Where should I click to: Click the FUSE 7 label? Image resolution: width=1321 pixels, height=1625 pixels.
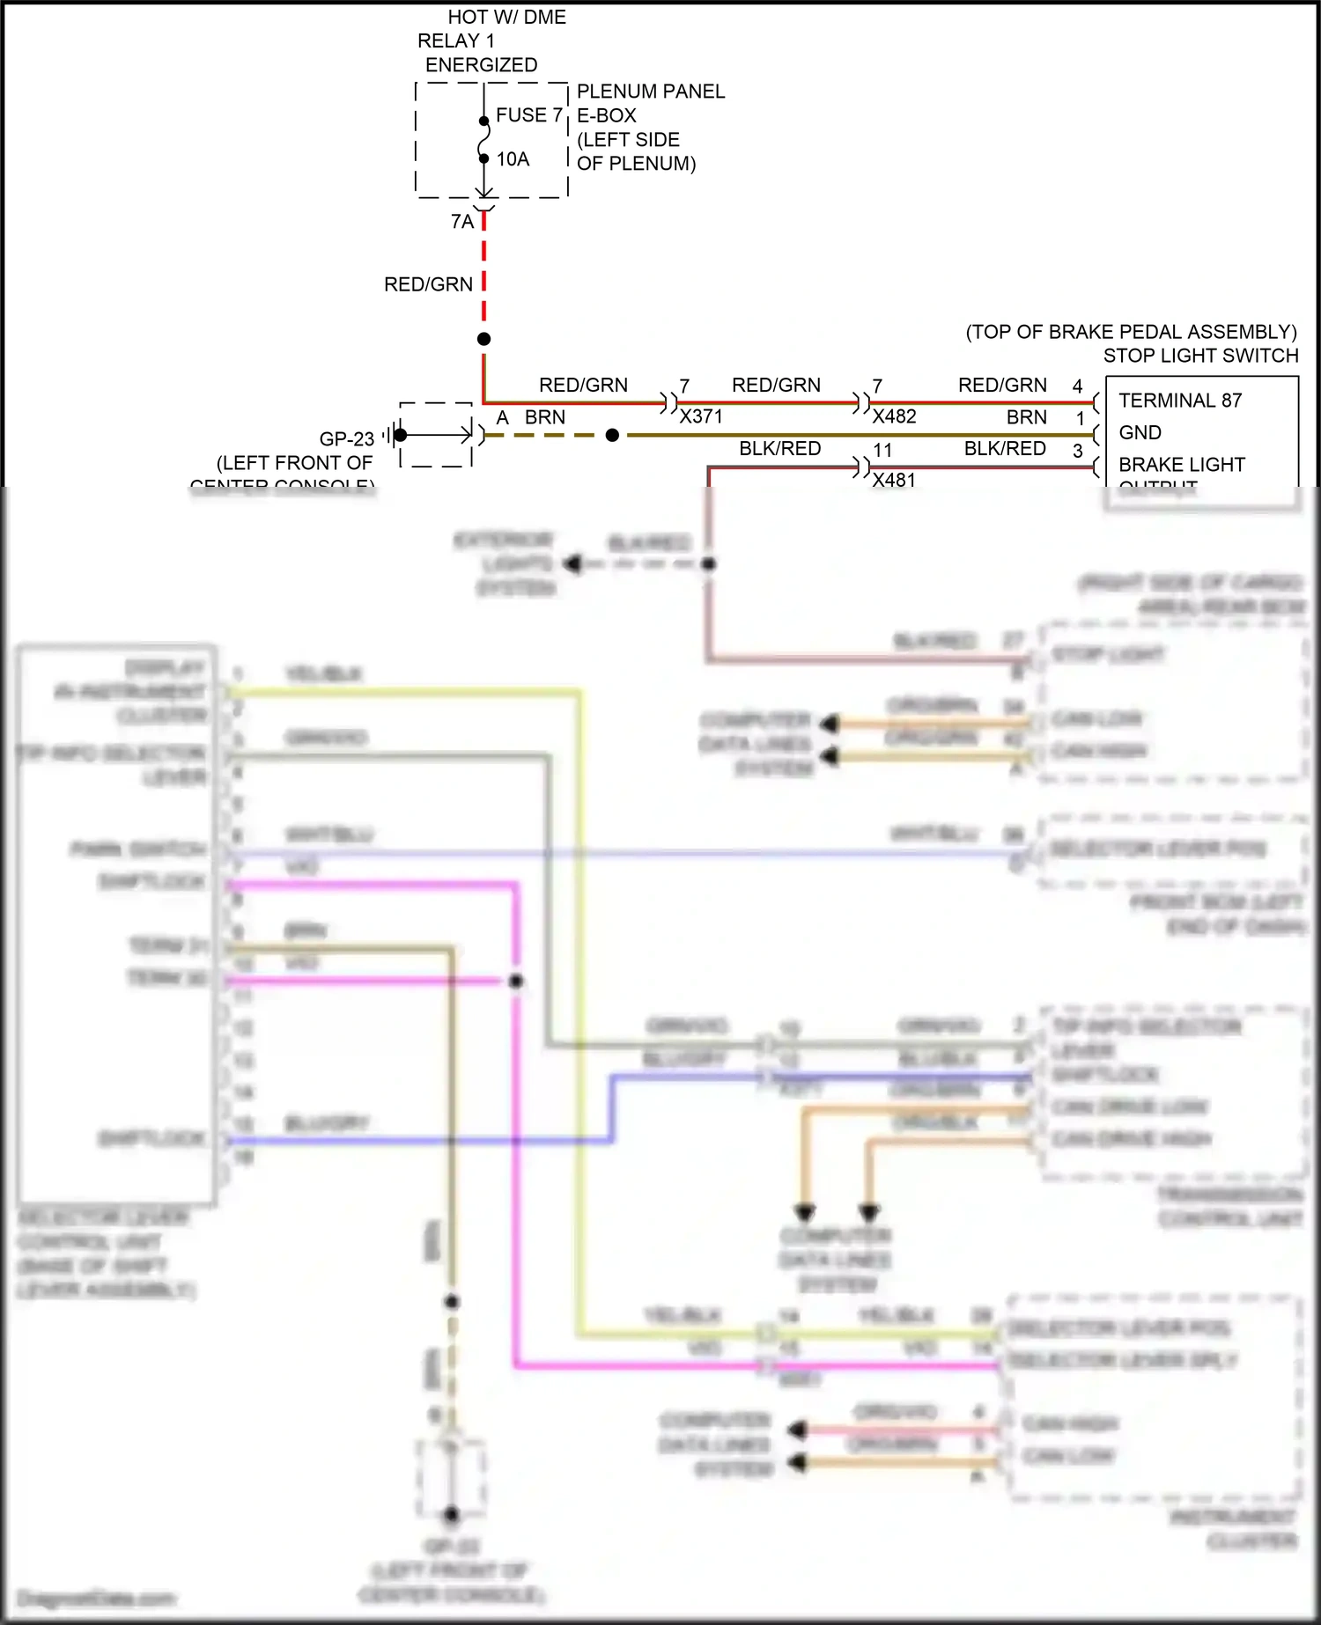pos(528,115)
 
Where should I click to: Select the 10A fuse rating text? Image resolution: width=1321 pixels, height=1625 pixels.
pos(513,159)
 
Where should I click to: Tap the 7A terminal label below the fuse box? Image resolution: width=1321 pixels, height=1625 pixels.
pos(461,222)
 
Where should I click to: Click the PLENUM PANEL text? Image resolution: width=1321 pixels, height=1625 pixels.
pos(650,92)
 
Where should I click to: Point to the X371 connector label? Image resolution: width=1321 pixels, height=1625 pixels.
pos(701,416)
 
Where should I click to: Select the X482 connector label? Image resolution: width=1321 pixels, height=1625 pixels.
pos(894,416)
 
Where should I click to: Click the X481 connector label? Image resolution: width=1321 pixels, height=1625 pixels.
pos(894,480)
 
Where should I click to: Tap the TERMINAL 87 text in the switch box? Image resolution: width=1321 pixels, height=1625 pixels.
pos(1180,401)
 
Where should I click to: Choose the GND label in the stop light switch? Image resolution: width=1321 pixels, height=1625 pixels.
pos(1140,432)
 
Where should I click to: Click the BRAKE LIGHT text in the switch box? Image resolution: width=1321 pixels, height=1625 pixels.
pos(1182,464)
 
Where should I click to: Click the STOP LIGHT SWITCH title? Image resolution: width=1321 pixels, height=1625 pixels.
pos(1200,356)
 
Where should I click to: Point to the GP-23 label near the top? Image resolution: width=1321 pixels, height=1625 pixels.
pos(346,438)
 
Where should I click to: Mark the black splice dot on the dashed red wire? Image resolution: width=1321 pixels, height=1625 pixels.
pos(483,339)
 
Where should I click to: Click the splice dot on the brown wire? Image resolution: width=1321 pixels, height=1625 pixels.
pos(612,435)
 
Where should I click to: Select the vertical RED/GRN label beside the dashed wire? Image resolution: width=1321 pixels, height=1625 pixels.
pos(428,284)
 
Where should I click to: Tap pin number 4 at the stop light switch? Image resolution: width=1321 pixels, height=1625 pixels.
pos(1077,386)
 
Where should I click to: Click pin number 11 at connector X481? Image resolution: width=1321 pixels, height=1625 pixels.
pos(882,450)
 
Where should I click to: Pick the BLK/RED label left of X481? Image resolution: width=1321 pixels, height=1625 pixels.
pos(779,448)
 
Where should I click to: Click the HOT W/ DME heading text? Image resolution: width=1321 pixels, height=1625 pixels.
pos(506,18)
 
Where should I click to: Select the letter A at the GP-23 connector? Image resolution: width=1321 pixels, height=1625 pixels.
pos(502,417)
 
